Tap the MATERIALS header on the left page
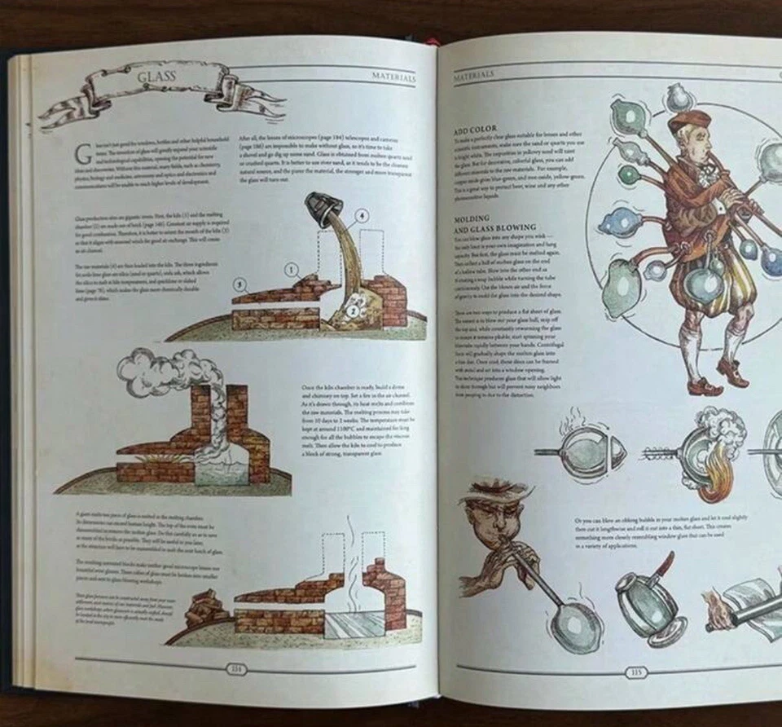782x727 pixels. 393,78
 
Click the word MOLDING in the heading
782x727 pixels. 472,219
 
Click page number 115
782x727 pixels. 636,672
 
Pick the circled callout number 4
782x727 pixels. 361,216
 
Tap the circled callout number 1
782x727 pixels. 291,268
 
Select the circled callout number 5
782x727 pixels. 239,284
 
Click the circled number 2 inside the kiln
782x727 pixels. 353,310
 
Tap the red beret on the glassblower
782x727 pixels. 688,121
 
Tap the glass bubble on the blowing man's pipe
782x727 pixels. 573,626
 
